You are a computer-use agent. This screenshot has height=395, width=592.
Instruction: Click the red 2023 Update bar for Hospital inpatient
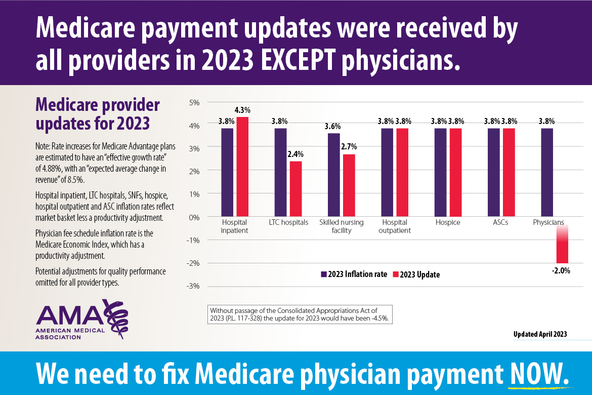pos(242,167)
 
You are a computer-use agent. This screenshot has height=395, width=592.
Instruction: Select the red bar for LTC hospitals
pos(296,188)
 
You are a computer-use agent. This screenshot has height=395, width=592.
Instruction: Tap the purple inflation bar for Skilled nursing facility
pos(334,175)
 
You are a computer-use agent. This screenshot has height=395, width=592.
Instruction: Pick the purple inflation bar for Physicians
pos(547,172)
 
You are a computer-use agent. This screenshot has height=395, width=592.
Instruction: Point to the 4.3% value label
pos(242,110)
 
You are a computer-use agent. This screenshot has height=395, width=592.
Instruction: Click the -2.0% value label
pos(561,270)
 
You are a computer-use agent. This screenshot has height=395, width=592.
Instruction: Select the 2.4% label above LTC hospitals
pos(297,154)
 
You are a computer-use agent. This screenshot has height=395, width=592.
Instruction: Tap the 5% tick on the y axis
pos(194,102)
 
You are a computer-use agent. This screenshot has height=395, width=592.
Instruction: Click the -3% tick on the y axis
pos(193,286)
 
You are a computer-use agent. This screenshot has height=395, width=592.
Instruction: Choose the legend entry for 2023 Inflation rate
pos(354,274)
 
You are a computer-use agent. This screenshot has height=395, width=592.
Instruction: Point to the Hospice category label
pos(448,222)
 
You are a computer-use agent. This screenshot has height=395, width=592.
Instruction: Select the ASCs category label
pos(500,222)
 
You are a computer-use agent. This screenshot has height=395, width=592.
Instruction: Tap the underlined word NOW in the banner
pos(536,373)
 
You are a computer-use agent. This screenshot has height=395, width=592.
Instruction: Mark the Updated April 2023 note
pos(540,334)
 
